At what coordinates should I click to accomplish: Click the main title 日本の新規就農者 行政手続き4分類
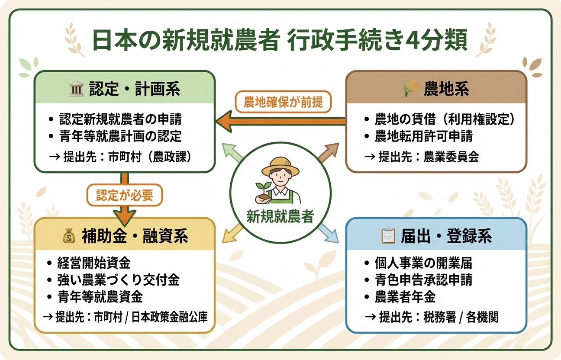coord(280,41)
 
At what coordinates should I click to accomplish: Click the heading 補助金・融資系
coord(135,237)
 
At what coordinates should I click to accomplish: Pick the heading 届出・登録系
coord(445,237)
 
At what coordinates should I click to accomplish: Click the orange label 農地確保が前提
coord(283,103)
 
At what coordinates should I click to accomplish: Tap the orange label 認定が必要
coord(125,196)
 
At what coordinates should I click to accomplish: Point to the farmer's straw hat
coord(280,166)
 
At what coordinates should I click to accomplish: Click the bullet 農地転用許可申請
coord(423,136)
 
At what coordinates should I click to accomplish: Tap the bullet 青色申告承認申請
coord(423,280)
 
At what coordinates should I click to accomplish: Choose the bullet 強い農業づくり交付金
coord(118,280)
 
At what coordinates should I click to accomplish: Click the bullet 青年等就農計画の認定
coord(120,136)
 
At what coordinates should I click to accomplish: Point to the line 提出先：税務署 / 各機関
coord(432,317)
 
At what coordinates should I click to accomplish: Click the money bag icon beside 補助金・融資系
coord(69,237)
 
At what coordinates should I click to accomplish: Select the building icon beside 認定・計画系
coord(76,90)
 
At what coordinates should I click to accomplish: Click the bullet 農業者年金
coord(405,297)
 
